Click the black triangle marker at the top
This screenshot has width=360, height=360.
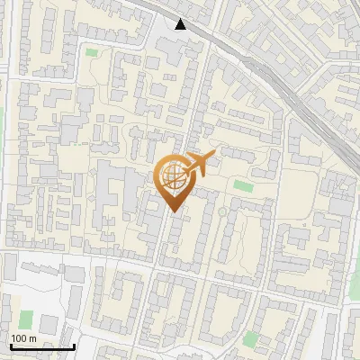[x=182, y=24]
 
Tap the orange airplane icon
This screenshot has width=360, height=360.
[x=198, y=163]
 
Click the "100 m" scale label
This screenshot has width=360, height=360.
[x=23, y=338]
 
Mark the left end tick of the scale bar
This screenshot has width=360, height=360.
[x=10, y=345]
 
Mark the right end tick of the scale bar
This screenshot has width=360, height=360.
[x=74, y=345]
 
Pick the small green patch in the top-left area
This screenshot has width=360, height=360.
[x=91, y=52]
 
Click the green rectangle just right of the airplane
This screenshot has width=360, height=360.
[x=243, y=185]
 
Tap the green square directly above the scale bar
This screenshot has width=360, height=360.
[x=26, y=319]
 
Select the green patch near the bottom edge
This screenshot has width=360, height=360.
[x=250, y=339]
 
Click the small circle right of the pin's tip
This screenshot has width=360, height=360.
[x=221, y=212]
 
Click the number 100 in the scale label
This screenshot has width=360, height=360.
[x=19, y=338]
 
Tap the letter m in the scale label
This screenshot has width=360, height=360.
[x=32, y=338]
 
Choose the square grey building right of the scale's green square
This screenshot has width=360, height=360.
[x=49, y=323]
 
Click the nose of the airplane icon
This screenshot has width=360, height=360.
[x=215, y=156]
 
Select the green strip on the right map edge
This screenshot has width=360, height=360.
[x=355, y=279]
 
